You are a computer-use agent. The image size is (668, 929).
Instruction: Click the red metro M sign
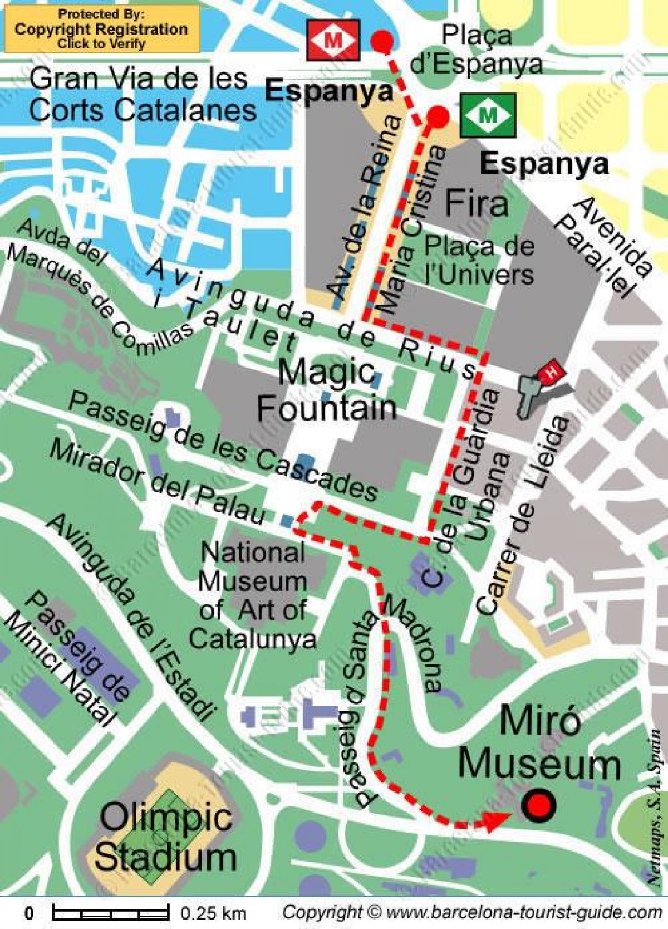333,40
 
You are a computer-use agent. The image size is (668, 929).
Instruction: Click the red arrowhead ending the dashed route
497,819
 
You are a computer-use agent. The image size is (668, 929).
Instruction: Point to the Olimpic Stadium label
165,837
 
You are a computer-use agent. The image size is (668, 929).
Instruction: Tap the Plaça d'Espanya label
477,50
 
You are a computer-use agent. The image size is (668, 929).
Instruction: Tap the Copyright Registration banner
101,29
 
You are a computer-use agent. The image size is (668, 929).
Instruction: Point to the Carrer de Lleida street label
523,515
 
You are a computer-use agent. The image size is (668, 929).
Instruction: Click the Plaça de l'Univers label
479,260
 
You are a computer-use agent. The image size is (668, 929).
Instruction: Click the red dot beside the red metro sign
382,41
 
